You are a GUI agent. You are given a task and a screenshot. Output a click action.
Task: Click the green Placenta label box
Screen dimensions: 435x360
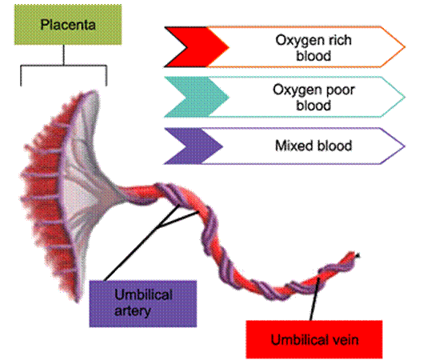tap(68, 25)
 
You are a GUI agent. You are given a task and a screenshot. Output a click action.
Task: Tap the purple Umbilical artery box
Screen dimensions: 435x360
tap(143, 304)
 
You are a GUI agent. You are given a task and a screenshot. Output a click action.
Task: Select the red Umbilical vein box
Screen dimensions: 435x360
tap(314, 339)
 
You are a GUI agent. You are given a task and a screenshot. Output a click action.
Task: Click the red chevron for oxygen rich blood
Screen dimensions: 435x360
tap(196, 47)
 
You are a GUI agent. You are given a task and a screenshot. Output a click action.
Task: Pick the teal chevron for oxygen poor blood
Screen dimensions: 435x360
tap(196, 97)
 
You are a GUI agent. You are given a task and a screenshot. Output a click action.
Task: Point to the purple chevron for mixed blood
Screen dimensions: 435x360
tap(193, 146)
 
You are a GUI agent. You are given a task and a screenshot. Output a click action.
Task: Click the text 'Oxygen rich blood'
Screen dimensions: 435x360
tap(313, 48)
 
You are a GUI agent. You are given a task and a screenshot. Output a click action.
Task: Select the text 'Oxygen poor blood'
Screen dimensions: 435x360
tap(313, 98)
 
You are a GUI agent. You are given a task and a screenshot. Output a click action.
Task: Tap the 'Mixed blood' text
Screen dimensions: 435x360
tap(313, 146)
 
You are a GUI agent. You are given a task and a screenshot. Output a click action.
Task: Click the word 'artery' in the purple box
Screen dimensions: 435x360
tap(133, 311)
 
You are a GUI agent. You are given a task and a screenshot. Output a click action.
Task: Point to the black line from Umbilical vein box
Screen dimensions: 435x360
tap(315, 299)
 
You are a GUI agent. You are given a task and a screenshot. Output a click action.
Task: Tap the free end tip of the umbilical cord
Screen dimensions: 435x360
tap(358, 254)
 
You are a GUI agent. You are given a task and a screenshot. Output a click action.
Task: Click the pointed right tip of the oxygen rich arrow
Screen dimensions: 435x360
tap(405, 47)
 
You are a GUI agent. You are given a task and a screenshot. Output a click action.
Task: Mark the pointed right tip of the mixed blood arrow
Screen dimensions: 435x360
tap(405, 146)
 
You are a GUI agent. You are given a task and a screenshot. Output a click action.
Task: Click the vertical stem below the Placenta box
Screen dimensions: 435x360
tap(63, 55)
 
